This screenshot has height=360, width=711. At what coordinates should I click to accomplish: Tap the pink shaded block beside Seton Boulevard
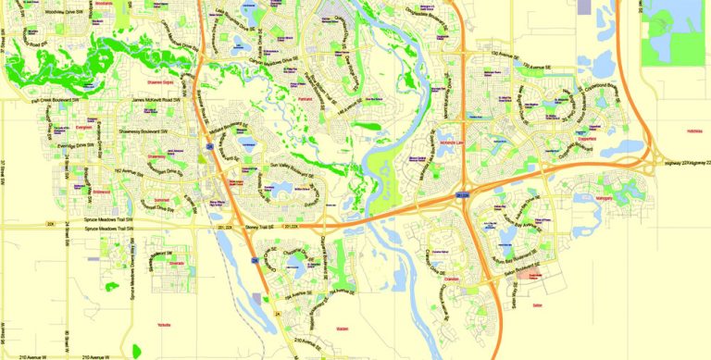point(530,276)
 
